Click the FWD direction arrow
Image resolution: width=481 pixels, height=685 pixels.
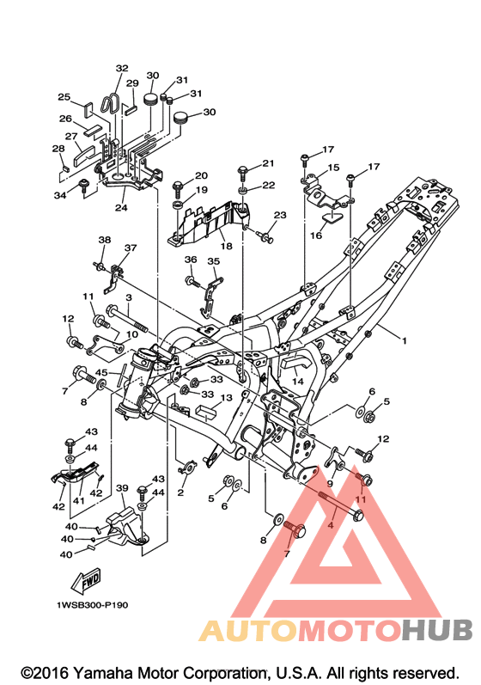pos(87,580)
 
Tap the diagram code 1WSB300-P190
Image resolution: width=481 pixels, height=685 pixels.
pos(92,605)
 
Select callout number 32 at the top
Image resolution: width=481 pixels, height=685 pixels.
pos(122,68)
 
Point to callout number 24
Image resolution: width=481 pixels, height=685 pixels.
pos(121,207)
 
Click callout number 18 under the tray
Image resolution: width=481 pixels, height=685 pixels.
pos(227,246)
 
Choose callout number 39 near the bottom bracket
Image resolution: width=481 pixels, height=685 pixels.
pos(122,487)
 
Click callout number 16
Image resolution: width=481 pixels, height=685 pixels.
pos(316,235)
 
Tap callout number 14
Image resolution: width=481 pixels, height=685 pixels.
pos(298,381)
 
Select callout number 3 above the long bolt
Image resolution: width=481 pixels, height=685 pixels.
pos(129,297)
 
